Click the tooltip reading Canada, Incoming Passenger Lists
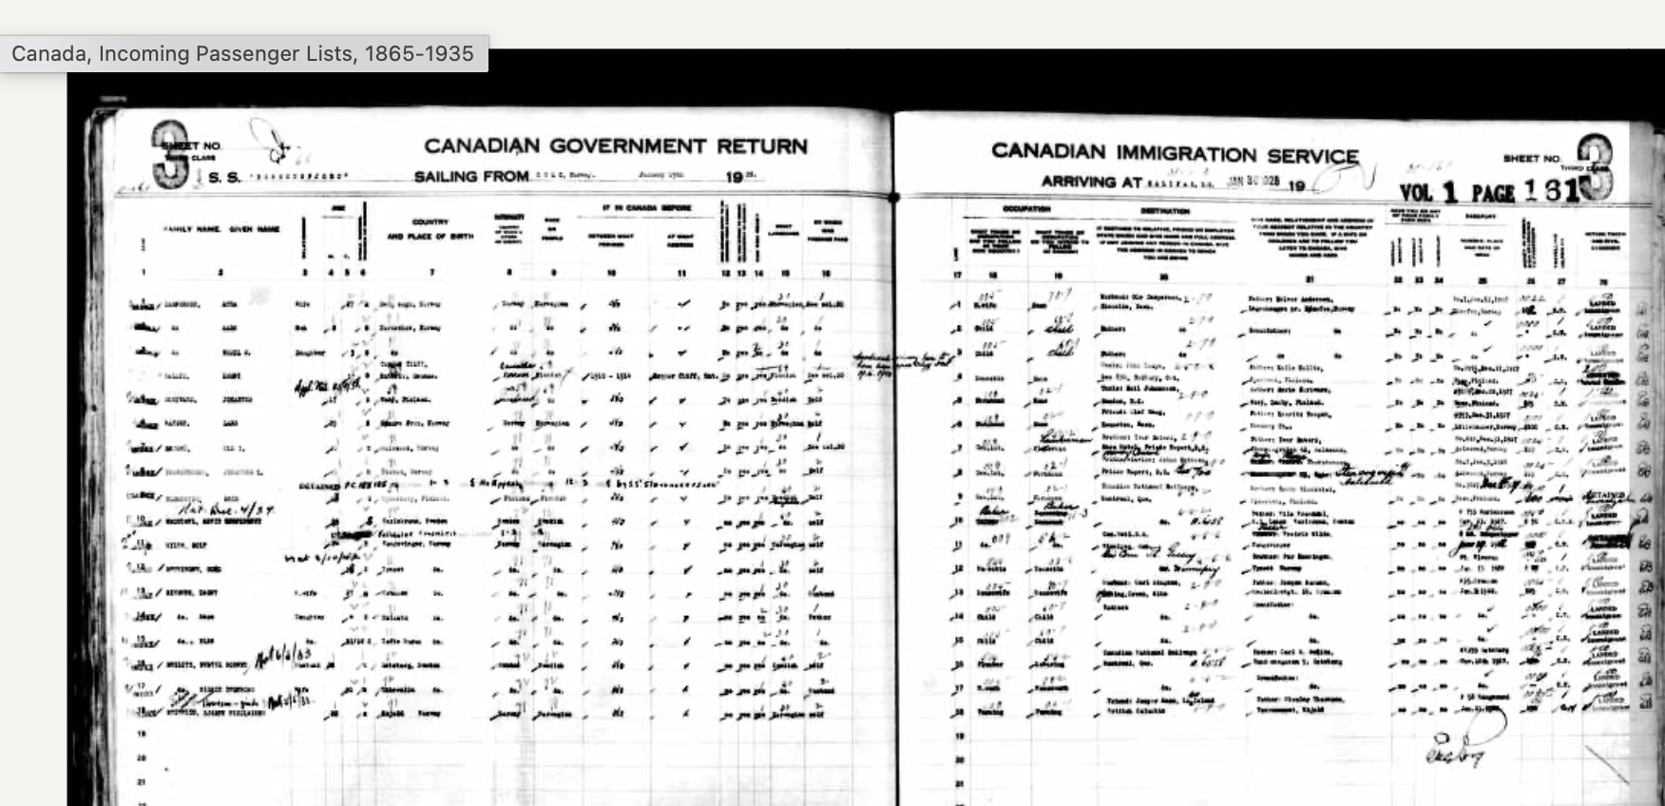point(243,54)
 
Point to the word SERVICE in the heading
point(1313,156)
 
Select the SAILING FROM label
point(470,177)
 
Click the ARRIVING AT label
point(1088,182)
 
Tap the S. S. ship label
point(224,178)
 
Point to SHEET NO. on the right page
point(1531,158)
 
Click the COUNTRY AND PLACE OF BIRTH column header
point(430,229)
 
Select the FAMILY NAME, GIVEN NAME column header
point(221,229)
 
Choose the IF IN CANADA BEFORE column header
point(646,207)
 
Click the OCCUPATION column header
point(1026,209)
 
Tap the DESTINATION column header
point(1166,211)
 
